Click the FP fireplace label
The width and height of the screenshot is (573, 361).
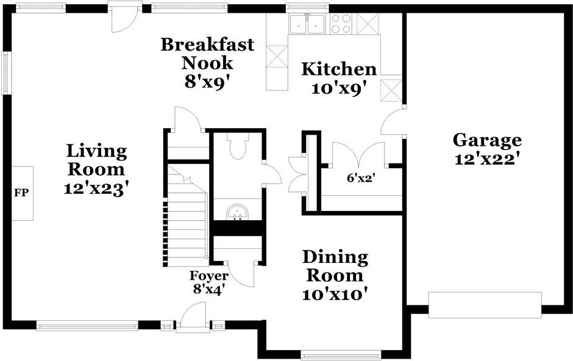pyautogui.click(x=21, y=193)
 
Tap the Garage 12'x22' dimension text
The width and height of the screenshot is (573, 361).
pyautogui.click(x=487, y=159)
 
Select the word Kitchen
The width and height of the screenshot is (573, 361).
pyautogui.click(x=339, y=69)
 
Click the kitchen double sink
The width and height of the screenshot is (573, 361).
pyautogui.click(x=308, y=24)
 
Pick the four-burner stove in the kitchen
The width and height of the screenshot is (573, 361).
pyautogui.click(x=341, y=24)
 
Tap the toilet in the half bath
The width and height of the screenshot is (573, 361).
pyautogui.click(x=238, y=146)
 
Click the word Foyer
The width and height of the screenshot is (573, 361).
pyautogui.click(x=209, y=276)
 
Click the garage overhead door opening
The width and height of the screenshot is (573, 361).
pyautogui.click(x=485, y=305)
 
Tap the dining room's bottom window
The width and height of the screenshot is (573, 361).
pyautogui.click(x=341, y=355)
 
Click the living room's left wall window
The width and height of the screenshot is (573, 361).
pyautogui.click(x=6, y=73)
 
